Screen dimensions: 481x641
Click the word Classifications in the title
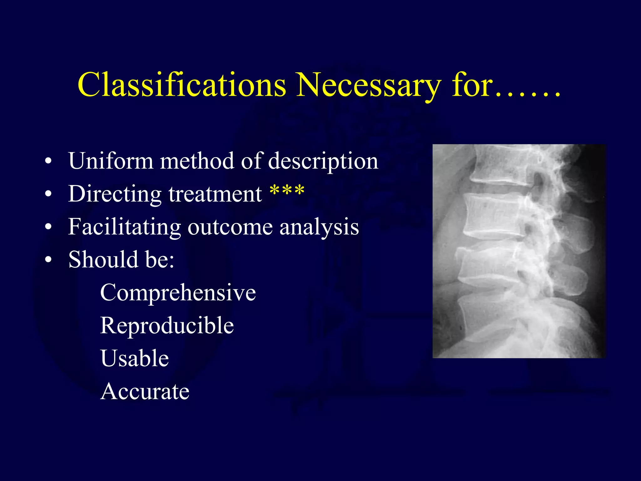182,85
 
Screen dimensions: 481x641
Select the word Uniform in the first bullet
111,161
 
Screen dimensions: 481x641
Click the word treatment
215,194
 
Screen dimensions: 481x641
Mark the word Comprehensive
178,292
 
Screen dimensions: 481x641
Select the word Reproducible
167,325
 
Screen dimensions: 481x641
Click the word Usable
135,358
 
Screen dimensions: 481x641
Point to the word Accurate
145,391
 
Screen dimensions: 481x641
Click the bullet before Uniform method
48,161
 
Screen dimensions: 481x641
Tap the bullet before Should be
48,260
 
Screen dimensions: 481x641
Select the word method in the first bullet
197,161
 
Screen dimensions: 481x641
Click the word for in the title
472,85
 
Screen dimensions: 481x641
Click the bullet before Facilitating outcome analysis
48,227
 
